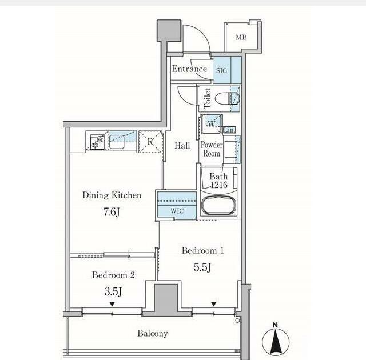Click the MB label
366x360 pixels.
[x=241, y=37]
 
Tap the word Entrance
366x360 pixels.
[x=189, y=69]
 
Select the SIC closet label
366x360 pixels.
[x=221, y=70]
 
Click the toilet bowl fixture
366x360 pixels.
[x=227, y=99]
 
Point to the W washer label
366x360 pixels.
[x=211, y=124]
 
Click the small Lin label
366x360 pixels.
[x=229, y=130]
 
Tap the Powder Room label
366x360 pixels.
[x=212, y=149]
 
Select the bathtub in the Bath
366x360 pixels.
[x=218, y=205]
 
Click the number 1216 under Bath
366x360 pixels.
[x=219, y=185]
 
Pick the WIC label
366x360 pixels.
[x=177, y=211]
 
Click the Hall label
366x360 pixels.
[x=182, y=146]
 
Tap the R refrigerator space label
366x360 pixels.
[x=150, y=141]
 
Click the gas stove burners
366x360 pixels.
[x=97, y=142]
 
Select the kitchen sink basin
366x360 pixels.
[x=117, y=142]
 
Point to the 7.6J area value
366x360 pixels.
[x=112, y=212]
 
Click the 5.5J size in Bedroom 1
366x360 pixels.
[x=202, y=267]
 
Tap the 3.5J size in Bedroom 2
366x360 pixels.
[x=113, y=291]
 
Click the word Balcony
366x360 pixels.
[x=153, y=333]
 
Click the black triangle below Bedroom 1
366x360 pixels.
[x=214, y=304]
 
